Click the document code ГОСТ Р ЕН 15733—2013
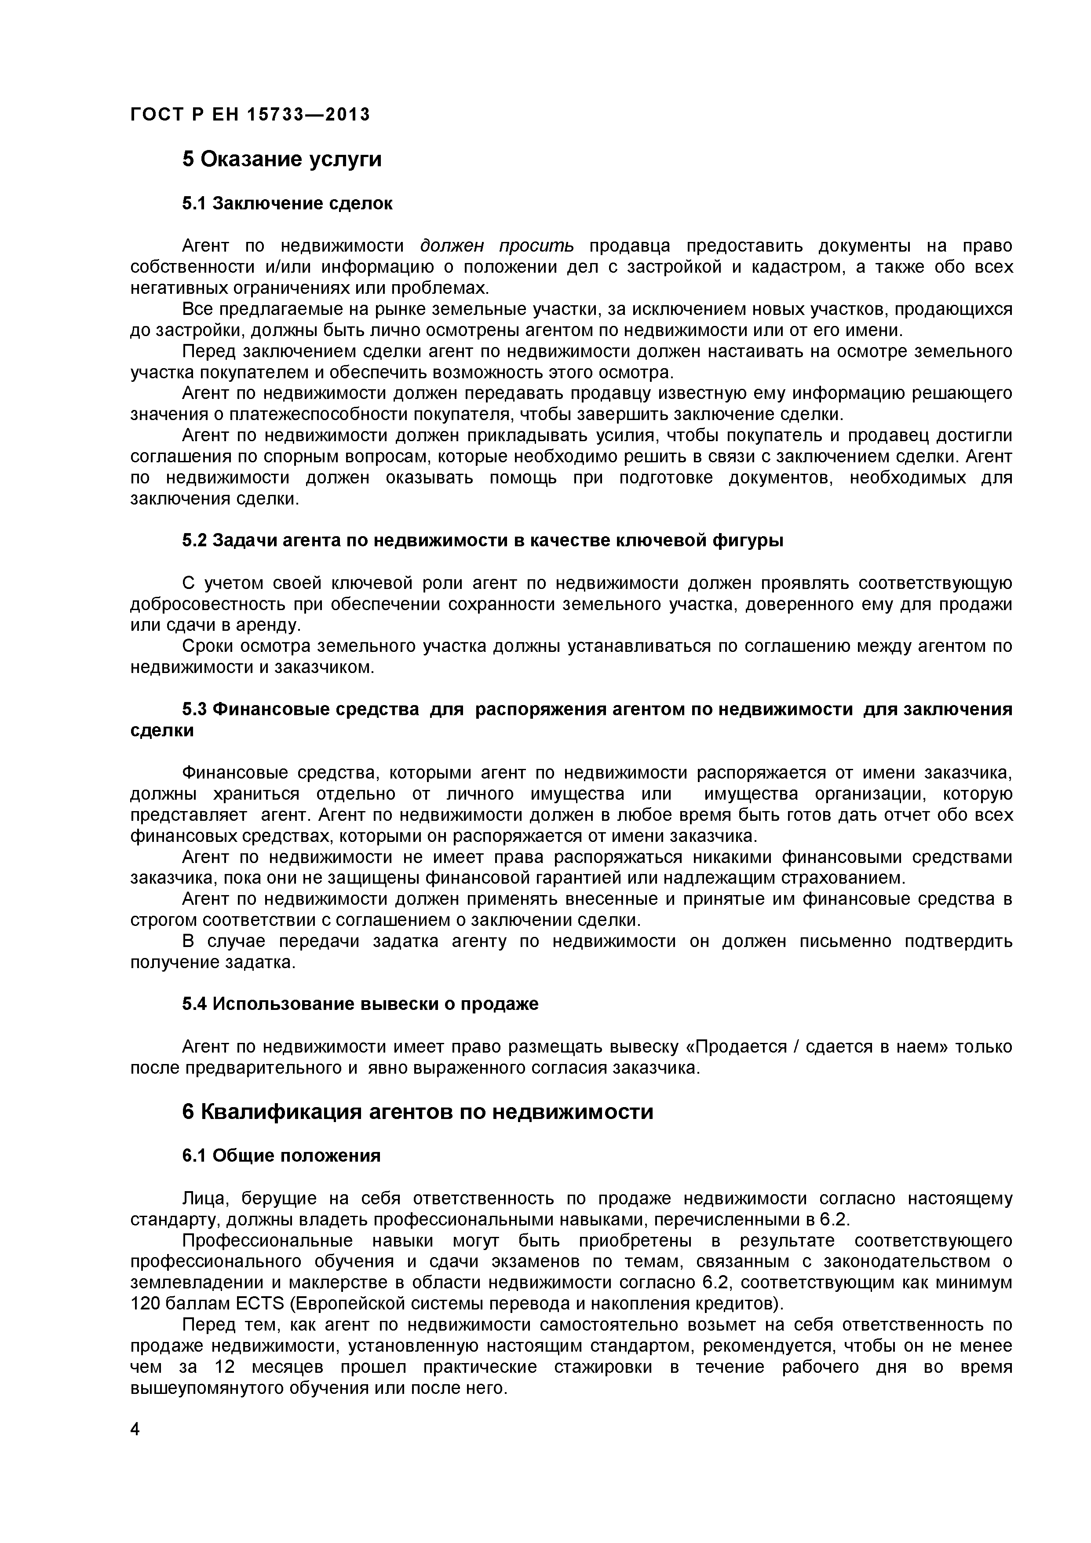pos(250,115)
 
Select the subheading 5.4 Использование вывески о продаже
pos(360,1004)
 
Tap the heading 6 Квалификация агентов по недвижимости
pos(417,1112)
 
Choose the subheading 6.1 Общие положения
pos(281,1156)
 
